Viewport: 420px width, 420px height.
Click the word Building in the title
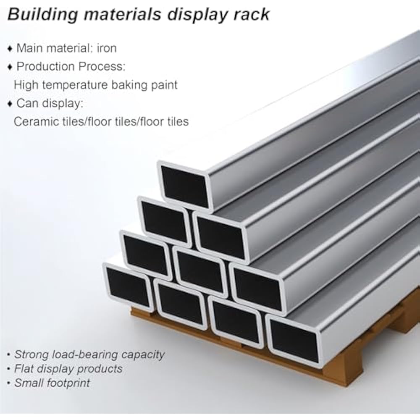pos(42,15)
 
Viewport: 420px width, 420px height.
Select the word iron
pos(107,48)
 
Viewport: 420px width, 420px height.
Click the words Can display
pos(50,103)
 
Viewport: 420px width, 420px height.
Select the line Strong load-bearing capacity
pos(89,354)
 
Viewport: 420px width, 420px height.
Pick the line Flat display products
pos(68,369)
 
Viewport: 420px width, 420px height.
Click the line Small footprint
pos(52,383)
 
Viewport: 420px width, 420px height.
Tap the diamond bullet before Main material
pos(10,49)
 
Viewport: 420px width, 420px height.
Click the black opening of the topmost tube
pos(185,187)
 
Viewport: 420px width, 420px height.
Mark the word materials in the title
pos(123,14)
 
